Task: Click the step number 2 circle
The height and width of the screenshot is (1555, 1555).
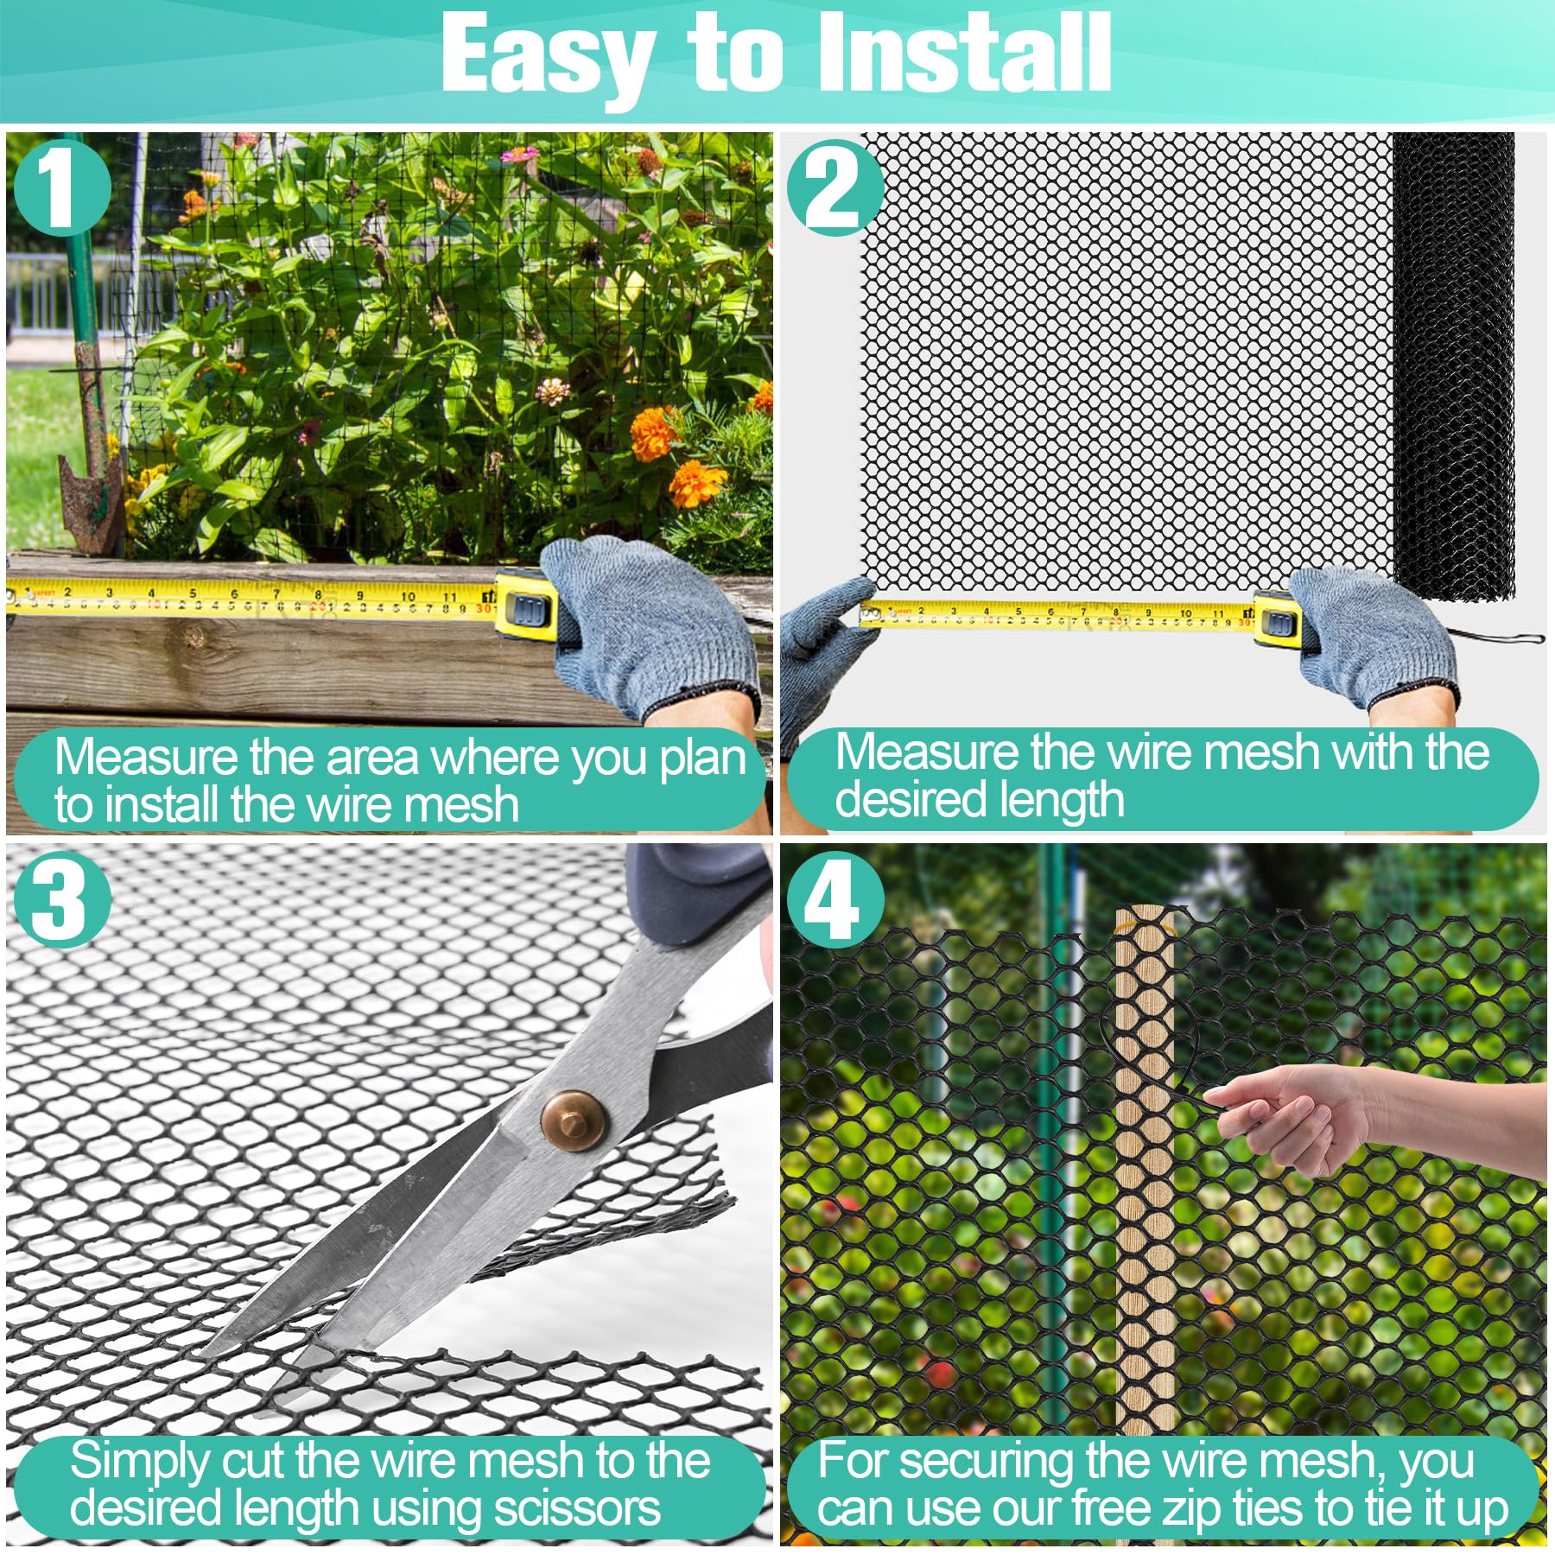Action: [x=835, y=187]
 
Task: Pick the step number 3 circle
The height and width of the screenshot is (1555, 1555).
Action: [x=60, y=900]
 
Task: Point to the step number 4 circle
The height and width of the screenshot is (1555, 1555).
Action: [x=835, y=900]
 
